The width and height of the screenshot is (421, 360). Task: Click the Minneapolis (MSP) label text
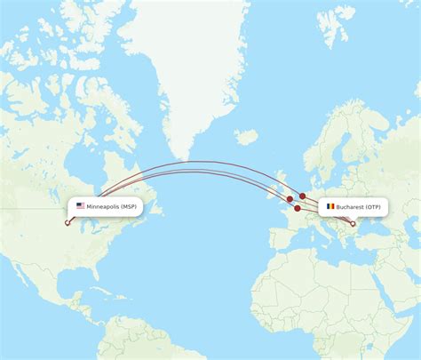(112, 206)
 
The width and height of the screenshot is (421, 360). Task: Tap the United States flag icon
(81, 206)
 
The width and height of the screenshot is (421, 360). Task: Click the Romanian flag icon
(330, 206)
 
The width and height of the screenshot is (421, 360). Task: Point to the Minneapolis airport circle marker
(68, 222)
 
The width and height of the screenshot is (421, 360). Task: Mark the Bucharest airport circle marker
(353, 223)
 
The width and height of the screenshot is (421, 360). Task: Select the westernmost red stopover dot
(290, 199)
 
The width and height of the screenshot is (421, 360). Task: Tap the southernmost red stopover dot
(298, 208)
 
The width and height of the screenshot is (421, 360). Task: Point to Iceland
(246, 137)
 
